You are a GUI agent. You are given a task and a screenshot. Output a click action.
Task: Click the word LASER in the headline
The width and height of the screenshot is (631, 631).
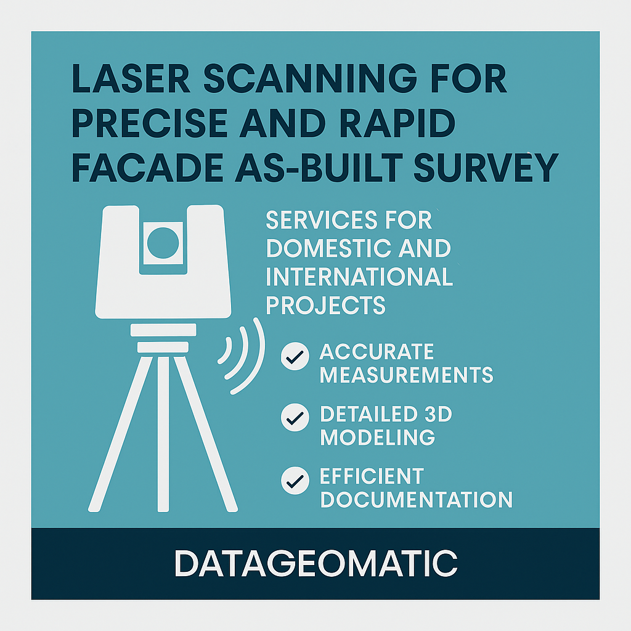[x=131, y=78]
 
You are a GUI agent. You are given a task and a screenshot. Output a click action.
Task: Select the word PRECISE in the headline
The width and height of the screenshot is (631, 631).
[x=149, y=123]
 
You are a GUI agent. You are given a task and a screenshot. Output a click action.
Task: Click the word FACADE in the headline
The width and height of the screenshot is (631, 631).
[x=147, y=168]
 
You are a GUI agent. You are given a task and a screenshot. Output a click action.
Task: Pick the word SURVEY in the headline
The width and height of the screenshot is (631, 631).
[x=486, y=168]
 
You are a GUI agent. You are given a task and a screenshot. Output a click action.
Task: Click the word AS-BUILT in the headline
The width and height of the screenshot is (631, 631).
[x=319, y=168]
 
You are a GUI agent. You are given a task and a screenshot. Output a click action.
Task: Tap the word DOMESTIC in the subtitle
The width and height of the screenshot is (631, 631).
[x=328, y=248]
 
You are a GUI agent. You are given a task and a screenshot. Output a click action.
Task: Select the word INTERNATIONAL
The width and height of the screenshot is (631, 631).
[x=359, y=277]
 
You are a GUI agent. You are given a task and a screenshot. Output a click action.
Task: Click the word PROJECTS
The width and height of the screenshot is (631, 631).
[x=325, y=305]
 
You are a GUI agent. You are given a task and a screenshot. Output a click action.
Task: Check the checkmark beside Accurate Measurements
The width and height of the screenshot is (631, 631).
[x=295, y=356]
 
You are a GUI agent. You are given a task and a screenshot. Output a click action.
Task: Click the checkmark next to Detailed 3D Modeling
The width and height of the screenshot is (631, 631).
[x=295, y=417]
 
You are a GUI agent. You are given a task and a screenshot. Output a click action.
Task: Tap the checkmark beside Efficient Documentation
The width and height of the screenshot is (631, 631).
[x=295, y=481]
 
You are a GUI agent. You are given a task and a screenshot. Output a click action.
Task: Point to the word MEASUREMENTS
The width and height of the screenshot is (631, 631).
[x=407, y=375]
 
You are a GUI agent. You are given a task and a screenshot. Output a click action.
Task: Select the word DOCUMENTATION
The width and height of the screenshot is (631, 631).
[x=416, y=499]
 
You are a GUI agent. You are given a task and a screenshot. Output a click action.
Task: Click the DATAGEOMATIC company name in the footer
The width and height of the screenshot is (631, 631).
[x=316, y=563]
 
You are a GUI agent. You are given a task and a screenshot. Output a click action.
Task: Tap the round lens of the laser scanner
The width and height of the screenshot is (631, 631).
[x=163, y=243]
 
